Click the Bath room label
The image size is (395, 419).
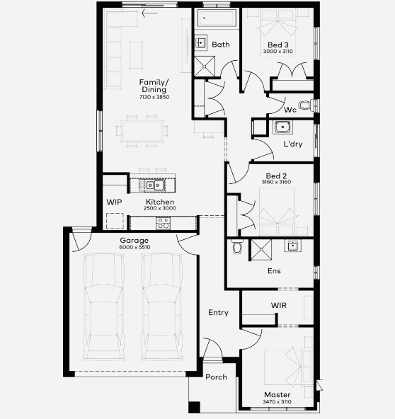221,45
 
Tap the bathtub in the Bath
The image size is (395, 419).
217,18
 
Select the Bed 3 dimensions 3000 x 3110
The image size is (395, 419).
278,51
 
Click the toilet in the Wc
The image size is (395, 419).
307,105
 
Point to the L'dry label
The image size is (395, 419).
293,144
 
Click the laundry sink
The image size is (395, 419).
282,127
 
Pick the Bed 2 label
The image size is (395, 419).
276,176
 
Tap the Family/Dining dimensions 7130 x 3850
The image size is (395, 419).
154,97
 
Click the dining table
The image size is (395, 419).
142,131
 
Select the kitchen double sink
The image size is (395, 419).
154,185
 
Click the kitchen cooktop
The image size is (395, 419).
163,223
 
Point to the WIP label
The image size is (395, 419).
114,202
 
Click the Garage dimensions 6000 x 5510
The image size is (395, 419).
134,247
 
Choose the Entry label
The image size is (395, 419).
218,313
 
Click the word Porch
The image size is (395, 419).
216,377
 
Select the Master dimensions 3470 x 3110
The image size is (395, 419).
277,401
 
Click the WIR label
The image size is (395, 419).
278,305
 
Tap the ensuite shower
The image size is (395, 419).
261,250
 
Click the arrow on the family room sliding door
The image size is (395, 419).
149,13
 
